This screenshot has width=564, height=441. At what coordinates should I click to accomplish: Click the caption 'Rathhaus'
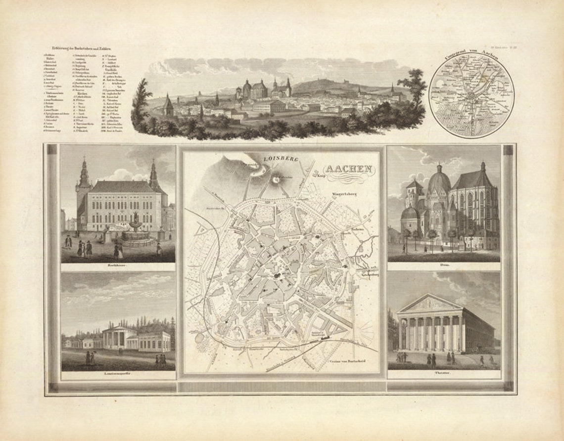coord(118,265)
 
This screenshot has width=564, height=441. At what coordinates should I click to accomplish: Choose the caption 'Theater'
coord(443,372)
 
